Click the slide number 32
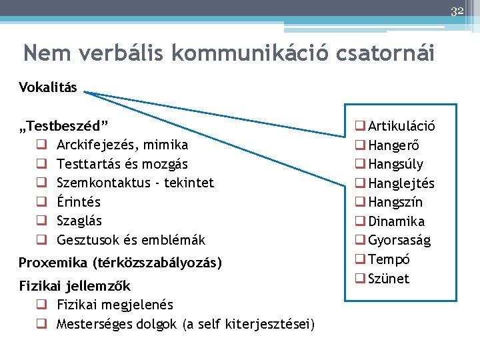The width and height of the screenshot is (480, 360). pos(457,11)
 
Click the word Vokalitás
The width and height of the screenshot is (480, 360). pos(48,88)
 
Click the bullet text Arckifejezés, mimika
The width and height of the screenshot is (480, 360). pos(122,145)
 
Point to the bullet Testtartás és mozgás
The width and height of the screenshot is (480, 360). pos(122,163)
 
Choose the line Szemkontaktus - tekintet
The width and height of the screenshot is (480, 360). pos(135,183)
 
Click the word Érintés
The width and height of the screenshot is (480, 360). pos(79,201)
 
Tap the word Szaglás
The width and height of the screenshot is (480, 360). pos(79,221)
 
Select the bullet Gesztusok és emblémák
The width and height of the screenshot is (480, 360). pos(131,239)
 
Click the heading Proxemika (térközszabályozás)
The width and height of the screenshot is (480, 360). pos(120,263)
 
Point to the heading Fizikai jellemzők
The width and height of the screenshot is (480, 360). pos(75,286)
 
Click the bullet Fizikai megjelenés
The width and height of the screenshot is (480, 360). pos(115,305)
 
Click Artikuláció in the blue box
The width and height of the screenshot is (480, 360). pos(401,126)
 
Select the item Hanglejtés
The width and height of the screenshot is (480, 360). pos(401,183)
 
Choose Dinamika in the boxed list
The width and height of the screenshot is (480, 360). pos(396,221)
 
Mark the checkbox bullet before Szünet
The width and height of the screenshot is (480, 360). pos(360,279)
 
